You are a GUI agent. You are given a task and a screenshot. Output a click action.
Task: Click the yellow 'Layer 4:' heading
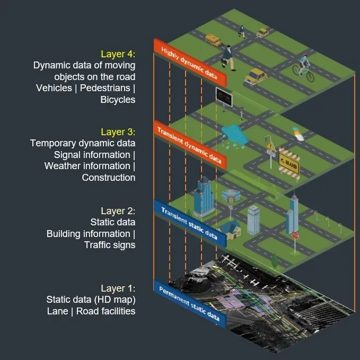click(118, 54)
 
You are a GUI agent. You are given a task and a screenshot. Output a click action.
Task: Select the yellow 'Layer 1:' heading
click(118, 288)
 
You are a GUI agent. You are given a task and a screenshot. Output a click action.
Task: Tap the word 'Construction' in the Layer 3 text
click(108, 178)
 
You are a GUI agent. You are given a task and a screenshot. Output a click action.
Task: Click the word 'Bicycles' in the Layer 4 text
click(118, 99)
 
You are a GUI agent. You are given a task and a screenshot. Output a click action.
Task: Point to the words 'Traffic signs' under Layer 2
click(110, 245)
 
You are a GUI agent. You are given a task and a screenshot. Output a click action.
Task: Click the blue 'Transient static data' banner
click(190, 223)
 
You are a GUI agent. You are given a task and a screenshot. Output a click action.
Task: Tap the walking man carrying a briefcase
click(229, 57)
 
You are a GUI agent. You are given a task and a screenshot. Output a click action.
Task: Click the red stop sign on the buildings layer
click(295, 235)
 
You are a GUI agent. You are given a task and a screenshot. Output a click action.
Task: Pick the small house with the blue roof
click(229, 230)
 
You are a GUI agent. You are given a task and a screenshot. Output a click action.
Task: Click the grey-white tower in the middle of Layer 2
click(254, 218)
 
